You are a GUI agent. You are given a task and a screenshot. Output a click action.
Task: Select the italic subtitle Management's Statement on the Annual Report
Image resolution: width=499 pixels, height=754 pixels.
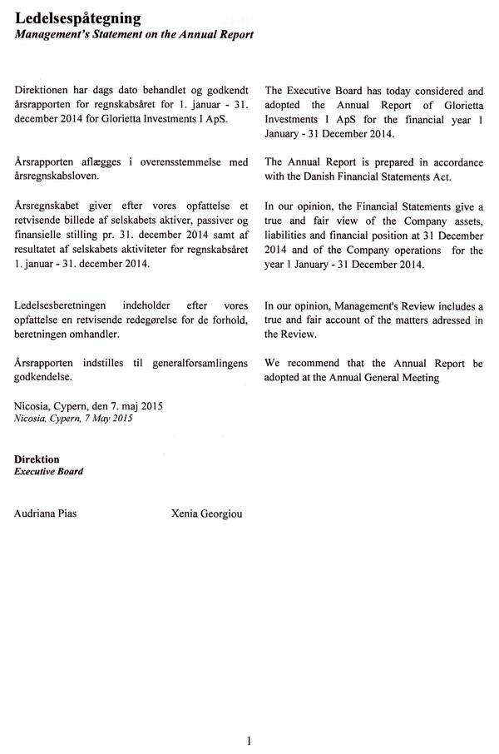click(134, 34)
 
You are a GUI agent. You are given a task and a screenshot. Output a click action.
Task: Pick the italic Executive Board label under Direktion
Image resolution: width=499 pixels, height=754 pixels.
click(49, 471)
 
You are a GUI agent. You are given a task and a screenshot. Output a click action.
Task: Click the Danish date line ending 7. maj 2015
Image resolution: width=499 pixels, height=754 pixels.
click(89, 406)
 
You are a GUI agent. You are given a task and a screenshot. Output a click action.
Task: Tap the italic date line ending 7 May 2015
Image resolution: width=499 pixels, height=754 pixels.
click(73, 419)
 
